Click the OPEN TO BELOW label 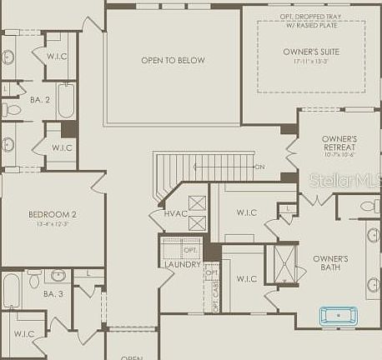point(173,60)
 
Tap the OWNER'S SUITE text point(310,52)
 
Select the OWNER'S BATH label point(330,263)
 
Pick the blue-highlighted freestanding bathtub point(338,316)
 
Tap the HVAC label point(176,214)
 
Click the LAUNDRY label point(182,265)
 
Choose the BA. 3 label point(54,294)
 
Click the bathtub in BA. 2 point(66,100)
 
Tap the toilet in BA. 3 point(35,276)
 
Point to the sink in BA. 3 point(58,275)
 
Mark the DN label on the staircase point(259,167)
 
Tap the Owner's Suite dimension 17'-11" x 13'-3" point(310,61)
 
